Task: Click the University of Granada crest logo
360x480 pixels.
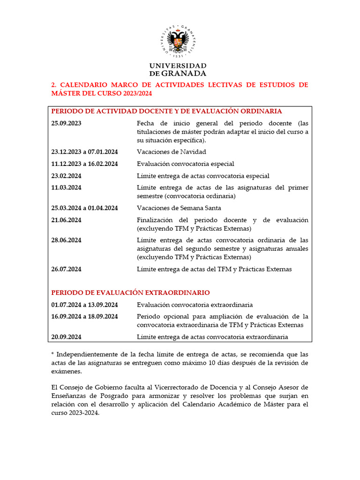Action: point(178,41)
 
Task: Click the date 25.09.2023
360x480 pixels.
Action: point(67,123)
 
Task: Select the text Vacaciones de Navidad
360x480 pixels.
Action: point(172,152)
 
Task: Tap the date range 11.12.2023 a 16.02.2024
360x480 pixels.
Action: point(84,164)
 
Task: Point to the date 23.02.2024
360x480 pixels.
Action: point(67,176)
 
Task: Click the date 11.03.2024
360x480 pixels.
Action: point(67,187)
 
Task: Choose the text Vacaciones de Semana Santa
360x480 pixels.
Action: point(179,208)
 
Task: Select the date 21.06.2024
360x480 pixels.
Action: point(67,220)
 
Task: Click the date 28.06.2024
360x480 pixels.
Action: point(67,240)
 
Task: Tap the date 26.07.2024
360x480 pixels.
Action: point(67,269)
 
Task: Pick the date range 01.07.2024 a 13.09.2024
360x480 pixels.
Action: point(84,305)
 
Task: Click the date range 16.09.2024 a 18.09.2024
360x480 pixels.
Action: point(84,316)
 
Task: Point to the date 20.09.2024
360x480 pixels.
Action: point(67,337)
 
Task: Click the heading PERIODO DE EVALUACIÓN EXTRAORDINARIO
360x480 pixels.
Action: point(130,292)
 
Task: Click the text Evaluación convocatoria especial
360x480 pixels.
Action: point(185,164)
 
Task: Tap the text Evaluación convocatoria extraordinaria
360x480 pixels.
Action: point(195,305)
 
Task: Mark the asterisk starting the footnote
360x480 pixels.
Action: point(52,354)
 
